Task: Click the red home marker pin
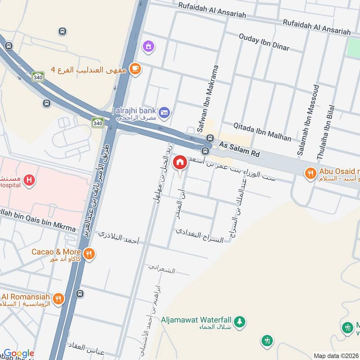[180, 162]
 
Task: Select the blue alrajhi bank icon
[165, 112]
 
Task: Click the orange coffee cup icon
[135, 69]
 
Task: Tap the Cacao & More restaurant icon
[90, 253]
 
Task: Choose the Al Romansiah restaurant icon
[58, 298]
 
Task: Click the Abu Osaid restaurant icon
[310, 172]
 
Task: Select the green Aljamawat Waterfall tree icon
[240, 321]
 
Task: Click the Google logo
[18, 354]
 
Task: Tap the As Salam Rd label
[239, 148]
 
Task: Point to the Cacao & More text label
[56, 252]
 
